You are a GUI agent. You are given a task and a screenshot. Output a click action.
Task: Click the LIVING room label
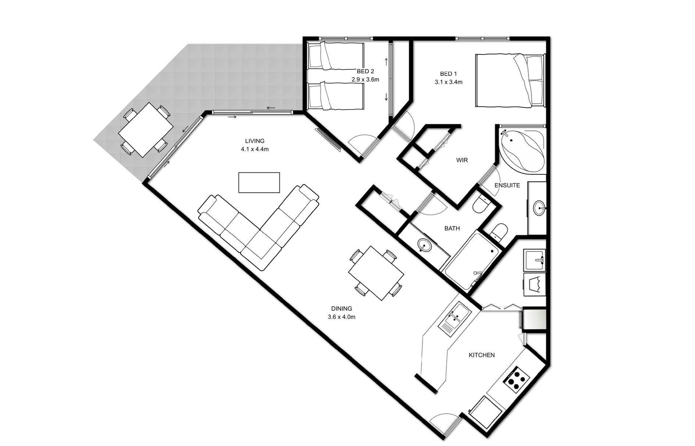pyautogui.click(x=255, y=141)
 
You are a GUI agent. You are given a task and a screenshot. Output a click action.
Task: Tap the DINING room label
pyautogui.click(x=342, y=308)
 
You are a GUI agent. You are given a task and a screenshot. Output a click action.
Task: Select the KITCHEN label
pyautogui.click(x=481, y=355)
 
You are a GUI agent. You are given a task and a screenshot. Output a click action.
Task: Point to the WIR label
pyautogui.click(x=462, y=160)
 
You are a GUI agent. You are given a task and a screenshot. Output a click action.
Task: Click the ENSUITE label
pyautogui.click(x=507, y=185)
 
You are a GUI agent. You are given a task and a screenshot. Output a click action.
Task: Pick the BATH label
pyautogui.click(x=452, y=228)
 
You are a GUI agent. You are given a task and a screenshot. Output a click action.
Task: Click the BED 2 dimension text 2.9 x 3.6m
pyautogui.click(x=365, y=79)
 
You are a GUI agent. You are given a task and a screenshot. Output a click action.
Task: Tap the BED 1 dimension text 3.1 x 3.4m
pyautogui.click(x=448, y=82)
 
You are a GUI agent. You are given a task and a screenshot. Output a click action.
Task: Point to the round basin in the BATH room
pyautogui.click(x=424, y=245)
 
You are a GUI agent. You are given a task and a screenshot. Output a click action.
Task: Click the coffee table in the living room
pyautogui.click(x=259, y=182)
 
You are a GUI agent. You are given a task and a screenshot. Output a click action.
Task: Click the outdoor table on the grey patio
pyautogui.click(x=146, y=129)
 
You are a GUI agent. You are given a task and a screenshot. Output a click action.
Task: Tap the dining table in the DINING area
pyautogui.click(x=376, y=273)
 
